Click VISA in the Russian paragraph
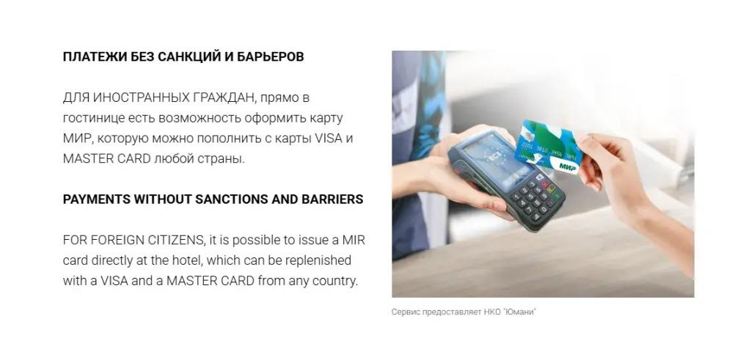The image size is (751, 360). (328, 139)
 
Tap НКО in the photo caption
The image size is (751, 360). (493, 312)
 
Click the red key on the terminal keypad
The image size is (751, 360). (544, 183)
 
